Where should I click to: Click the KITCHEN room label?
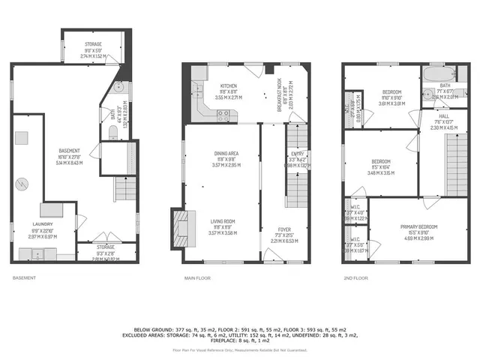click(x=223, y=86)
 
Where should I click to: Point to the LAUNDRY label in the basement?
click(x=42, y=223)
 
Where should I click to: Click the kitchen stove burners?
click(x=223, y=115)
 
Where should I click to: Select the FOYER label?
click(x=283, y=229)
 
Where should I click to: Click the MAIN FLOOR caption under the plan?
click(x=198, y=278)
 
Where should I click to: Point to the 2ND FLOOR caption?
click(x=356, y=278)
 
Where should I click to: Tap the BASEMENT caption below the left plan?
click(x=24, y=278)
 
